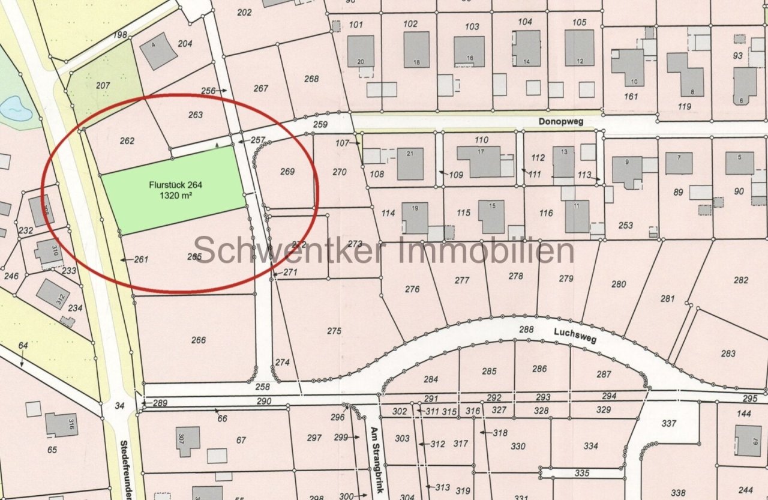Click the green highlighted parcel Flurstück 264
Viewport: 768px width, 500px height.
coord(174,189)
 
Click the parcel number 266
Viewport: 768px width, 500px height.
coord(198,340)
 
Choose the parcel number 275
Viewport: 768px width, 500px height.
coord(334,331)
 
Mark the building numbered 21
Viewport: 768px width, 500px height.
coord(410,163)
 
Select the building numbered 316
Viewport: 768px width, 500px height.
coord(61,425)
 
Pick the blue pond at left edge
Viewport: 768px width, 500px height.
coord(14,109)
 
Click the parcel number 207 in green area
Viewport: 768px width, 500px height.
coord(103,86)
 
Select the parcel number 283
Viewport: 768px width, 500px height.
coord(728,354)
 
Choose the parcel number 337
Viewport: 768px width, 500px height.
coord(669,423)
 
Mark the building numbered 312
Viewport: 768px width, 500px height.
coord(53,294)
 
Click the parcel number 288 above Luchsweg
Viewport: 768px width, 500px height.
coord(526,329)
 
